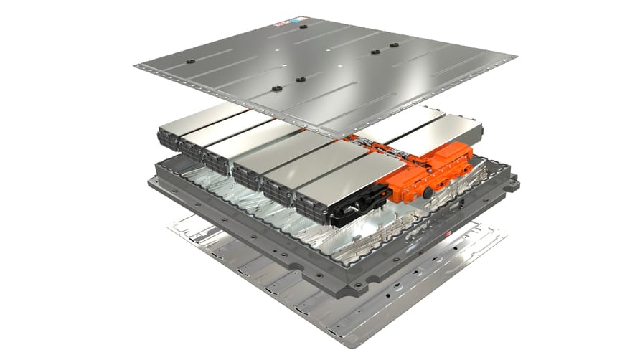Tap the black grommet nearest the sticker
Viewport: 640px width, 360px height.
[x=303, y=27]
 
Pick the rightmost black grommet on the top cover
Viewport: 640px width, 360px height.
[x=393, y=46]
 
